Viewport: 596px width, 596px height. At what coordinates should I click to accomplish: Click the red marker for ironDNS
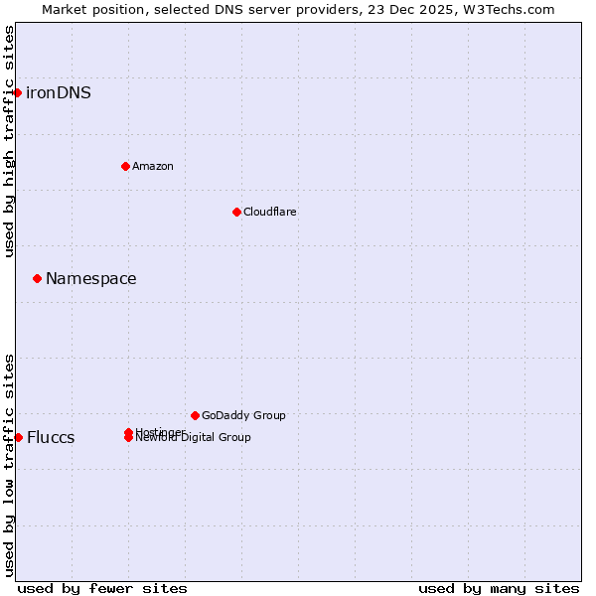pyautogui.click(x=17, y=92)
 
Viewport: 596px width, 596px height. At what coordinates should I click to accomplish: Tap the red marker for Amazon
pyautogui.click(x=125, y=166)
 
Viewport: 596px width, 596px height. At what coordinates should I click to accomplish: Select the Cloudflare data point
pyautogui.click(x=236, y=212)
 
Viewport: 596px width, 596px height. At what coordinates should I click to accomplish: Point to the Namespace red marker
pyautogui.click(x=37, y=278)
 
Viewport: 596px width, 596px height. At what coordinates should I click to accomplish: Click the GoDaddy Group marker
pyautogui.click(x=195, y=415)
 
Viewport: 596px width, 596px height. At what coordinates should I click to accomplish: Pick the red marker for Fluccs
pyautogui.click(x=18, y=437)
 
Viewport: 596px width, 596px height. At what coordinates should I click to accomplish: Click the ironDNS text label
pyautogui.click(x=59, y=92)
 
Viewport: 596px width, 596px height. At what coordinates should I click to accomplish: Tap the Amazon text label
pyautogui.click(x=153, y=166)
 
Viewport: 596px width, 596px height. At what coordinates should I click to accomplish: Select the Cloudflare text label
pyautogui.click(x=270, y=212)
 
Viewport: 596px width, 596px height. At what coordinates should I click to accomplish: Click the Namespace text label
pyautogui.click(x=91, y=278)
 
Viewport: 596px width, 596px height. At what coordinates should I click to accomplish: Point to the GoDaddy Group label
pyautogui.click(x=243, y=415)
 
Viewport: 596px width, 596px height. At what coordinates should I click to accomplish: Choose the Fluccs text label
pyautogui.click(x=51, y=438)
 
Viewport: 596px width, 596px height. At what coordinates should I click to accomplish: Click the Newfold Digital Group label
pyautogui.click(x=195, y=438)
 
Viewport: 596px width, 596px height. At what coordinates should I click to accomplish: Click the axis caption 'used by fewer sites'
pyautogui.click(x=102, y=588)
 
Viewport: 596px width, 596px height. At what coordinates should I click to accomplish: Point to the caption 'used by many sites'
pyautogui.click(x=499, y=588)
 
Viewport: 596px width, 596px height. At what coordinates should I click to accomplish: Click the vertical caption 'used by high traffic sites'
pyautogui.click(x=9, y=141)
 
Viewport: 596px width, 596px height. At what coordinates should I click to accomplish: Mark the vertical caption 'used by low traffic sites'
pyautogui.click(x=9, y=465)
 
